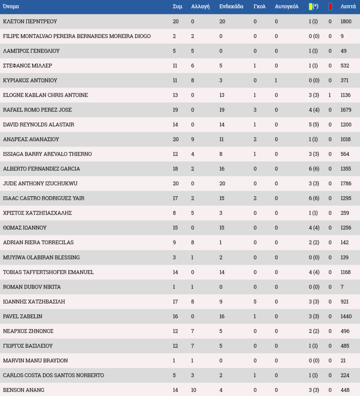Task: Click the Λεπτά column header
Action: click(x=348, y=6)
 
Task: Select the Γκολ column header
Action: click(x=259, y=6)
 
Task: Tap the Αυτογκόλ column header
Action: click(x=286, y=6)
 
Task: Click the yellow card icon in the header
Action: click(x=310, y=6)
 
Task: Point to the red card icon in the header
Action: click(x=330, y=6)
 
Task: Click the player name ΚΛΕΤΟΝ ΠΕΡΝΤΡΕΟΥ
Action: click(x=30, y=22)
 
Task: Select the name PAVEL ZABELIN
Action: click(x=22, y=316)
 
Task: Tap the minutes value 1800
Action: click(x=346, y=22)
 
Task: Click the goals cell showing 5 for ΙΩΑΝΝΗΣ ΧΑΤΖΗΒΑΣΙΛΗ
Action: click(x=255, y=302)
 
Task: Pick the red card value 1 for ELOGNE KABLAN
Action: click(x=330, y=95)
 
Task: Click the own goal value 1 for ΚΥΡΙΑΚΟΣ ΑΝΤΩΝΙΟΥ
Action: click(x=276, y=80)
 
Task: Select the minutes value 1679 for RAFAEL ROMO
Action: click(x=346, y=110)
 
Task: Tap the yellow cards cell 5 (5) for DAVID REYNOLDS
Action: click(x=314, y=125)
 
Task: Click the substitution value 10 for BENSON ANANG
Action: click(x=194, y=390)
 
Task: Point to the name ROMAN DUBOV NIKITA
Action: click(x=32, y=287)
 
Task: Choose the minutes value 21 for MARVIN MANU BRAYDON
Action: click(x=343, y=360)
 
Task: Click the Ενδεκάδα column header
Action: click(x=231, y=6)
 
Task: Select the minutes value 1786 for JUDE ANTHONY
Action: click(x=346, y=183)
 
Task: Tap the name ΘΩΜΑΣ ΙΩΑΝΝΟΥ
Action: click(x=25, y=228)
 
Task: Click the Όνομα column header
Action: click(x=11, y=6)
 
